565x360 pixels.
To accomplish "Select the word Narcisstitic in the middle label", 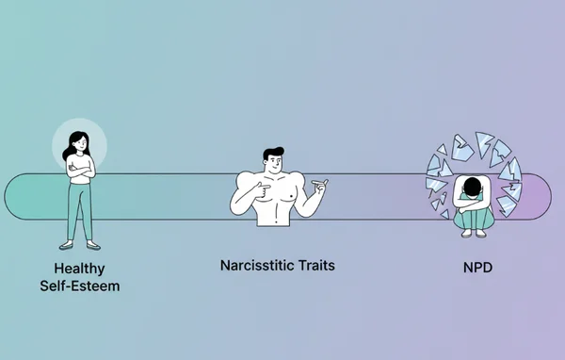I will pyautogui.click(x=254, y=266).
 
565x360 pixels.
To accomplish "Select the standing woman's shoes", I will pyautogui.click(x=79, y=244).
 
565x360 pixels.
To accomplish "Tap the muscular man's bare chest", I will pyautogui.click(x=277, y=193).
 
